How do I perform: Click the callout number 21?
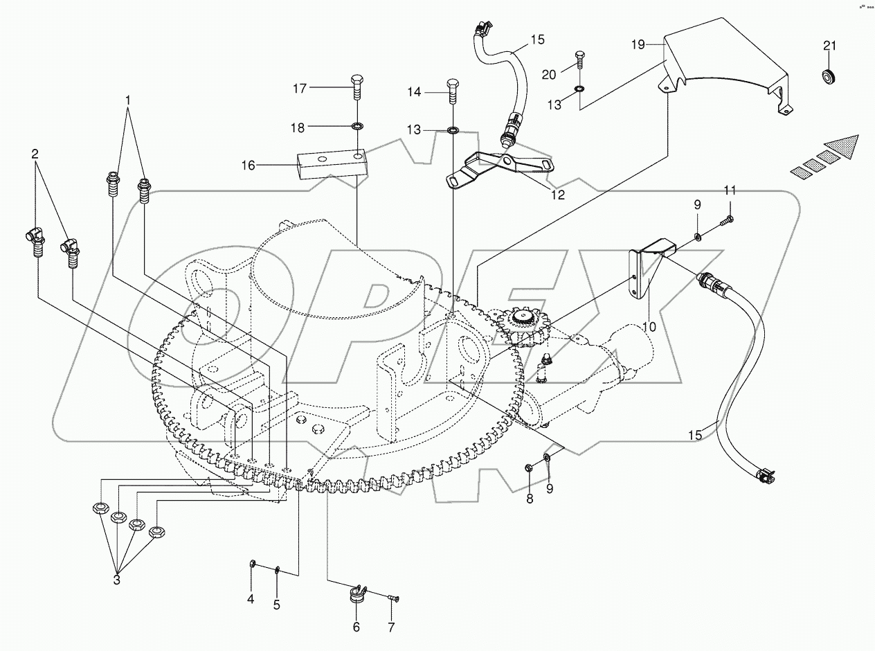[x=829, y=46]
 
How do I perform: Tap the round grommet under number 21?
[x=829, y=75]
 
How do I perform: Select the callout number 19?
[x=638, y=44]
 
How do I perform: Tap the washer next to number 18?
[x=358, y=127]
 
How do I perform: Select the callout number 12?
[x=558, y=195]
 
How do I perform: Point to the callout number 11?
[x=730, y=190]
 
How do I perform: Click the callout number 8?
[x=530, y=499]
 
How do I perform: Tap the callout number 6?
[x=357, y=627]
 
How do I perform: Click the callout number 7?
[x=391, y=627]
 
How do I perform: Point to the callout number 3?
[x=116, y=580]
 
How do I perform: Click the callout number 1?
[x=128, y=101]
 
